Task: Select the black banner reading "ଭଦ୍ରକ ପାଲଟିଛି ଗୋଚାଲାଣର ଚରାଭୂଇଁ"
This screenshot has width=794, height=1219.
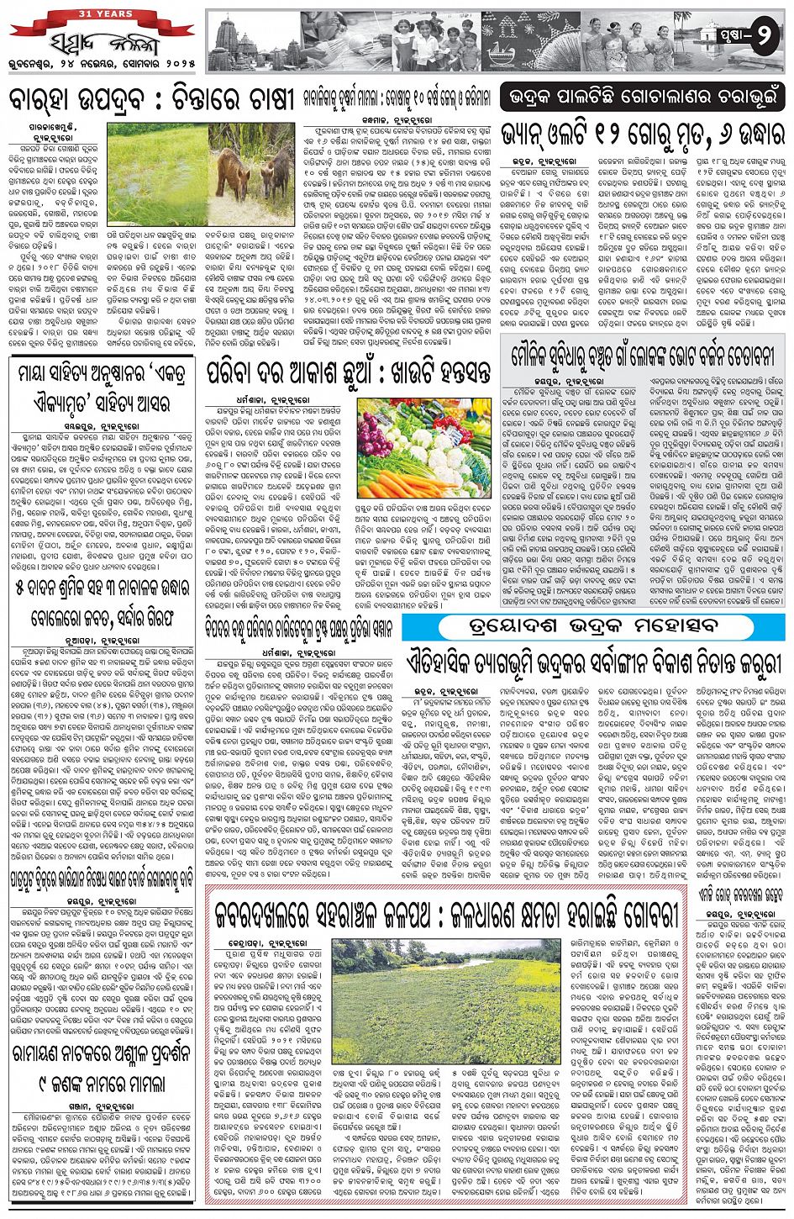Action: [x=643, y=96]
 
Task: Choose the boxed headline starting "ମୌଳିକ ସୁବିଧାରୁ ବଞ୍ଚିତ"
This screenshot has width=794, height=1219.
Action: [x=643, y=356]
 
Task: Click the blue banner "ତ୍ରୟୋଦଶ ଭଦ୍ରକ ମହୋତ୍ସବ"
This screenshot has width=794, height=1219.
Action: [x=593, y=627]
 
